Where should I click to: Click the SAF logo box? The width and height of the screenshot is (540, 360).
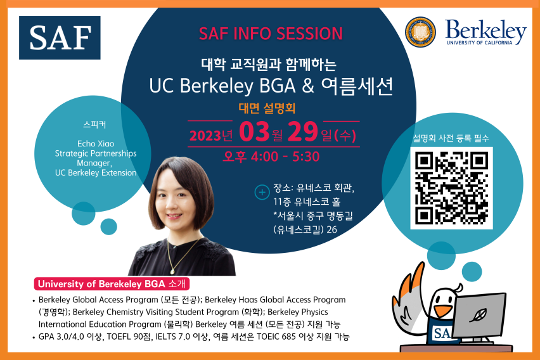pyautogui.click(x=59, y=37)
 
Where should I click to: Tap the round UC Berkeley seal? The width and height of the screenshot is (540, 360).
pyautogui.click(x=421, y=32)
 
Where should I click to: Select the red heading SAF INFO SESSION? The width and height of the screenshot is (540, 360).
pyautogui.click(x=270, y=33)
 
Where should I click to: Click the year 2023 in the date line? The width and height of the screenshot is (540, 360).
pyautogui.click(x=206, y=135)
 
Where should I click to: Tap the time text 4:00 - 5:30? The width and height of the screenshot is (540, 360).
pyautogui.click(x=288, y=157)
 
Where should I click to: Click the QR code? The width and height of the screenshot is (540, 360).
pyautogui.click(x=451, y=188)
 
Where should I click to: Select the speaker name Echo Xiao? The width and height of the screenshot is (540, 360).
pyautogui.click(x=96, y=143)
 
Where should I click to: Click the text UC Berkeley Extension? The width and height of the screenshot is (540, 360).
pyautogui.click(x=96, y=172)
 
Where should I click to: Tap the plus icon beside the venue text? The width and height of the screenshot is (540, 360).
pyautogui.click(x=260, y=191)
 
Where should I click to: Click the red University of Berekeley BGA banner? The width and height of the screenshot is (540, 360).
pyautogui.click(x=113, y=283)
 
